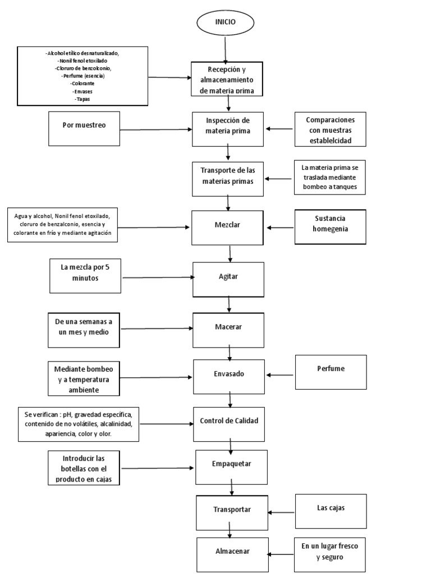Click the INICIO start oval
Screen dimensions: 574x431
[226, 24]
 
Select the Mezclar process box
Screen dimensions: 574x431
[227, 228]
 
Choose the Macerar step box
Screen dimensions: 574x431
[228, 326]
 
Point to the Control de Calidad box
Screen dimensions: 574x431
[229, 421]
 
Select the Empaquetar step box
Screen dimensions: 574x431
[231, 465]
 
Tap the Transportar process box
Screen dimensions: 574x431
[231, 510]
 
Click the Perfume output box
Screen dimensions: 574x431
[331, 372]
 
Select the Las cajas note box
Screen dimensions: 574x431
[331, 511]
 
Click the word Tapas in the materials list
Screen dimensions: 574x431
[82, 99]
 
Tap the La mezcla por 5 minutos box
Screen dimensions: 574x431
[85, 275]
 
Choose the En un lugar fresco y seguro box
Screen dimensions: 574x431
[331, 553]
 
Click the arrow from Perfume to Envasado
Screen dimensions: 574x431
[281, 376]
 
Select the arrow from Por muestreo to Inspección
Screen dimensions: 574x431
[156, 130]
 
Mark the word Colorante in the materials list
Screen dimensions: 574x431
[82, 83]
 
